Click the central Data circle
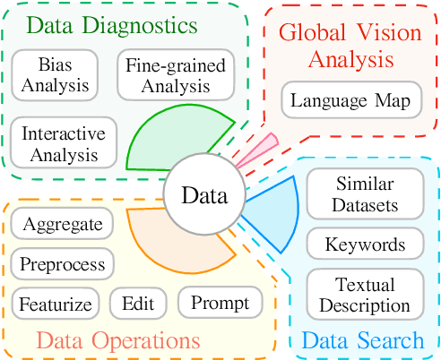tap(203, 195)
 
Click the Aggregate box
tap(62, 224)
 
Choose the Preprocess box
tap(64, 264)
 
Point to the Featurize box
tap(56, 304)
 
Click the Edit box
tap(137, 304)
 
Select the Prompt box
tap(220, 302)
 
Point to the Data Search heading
tap(362, 340)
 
